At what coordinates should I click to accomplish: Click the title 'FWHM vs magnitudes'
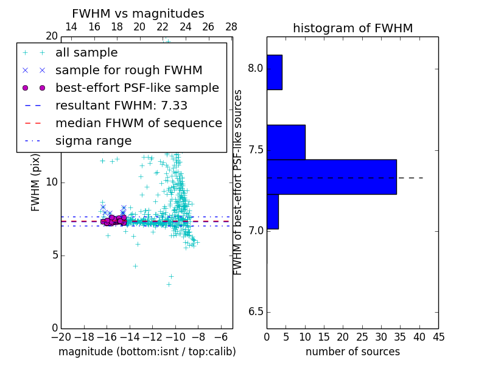(x=138, y=14)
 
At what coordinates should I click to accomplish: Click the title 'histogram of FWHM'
(x=352, y=29)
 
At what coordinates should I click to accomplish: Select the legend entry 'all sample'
(x=86, y=53)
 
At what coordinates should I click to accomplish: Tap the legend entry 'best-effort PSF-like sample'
(x=137, y=88)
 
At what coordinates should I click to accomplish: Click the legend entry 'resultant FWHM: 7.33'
(x=121, y=106)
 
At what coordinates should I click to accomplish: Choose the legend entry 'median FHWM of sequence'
(x=138, y=123)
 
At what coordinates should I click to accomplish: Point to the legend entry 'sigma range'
(x=93, y=141)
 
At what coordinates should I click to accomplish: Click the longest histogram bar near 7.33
(x=331, y=177)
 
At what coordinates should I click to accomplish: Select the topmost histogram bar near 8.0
(x=274, y=72)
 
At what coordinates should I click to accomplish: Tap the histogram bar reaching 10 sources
(x=286, y=142)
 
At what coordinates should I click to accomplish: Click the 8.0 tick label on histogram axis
(x=256, y=69)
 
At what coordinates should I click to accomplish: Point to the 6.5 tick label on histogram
(x=256, y=312)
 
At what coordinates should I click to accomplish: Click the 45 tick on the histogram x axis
(x=438, y=336)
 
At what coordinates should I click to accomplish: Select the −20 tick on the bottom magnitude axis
(x=61, y=336)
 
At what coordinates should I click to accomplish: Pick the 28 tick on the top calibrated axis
(x=231, y=27)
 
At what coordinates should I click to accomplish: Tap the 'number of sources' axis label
(x=352, y=352)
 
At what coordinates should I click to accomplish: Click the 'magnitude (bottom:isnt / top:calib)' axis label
(x=147, y=352)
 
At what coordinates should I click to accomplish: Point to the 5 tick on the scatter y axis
(x=54, y=255)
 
